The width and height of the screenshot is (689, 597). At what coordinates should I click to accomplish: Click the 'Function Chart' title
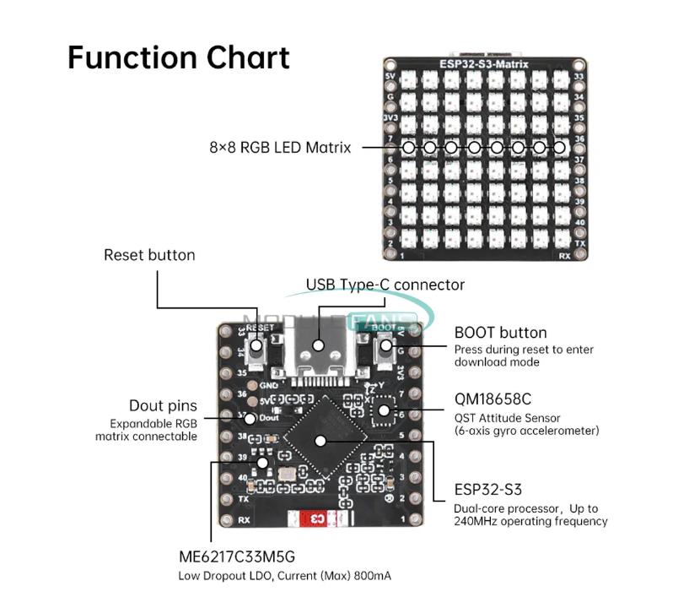tap(178, 57)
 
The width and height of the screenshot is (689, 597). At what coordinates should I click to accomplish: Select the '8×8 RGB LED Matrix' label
tap(280, 148)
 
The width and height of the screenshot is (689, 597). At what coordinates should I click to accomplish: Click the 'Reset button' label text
tap(149, 255)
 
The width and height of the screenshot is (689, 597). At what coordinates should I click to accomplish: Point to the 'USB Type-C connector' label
tap(385, 285)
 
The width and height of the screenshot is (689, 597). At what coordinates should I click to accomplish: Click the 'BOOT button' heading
tap(500, 333)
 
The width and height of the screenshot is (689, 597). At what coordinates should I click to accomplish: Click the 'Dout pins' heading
tap(163, 406)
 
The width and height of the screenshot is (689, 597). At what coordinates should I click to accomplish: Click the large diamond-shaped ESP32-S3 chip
tap(320, 439)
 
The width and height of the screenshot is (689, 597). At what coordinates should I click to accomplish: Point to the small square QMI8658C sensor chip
tap(384, 411)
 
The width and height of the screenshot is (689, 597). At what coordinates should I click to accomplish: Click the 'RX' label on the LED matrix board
tap(564, 254)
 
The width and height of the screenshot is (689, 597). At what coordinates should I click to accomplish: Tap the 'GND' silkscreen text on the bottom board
tap(269, 384)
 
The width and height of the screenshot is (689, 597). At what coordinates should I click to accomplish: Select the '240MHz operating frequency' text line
tap(530, 522)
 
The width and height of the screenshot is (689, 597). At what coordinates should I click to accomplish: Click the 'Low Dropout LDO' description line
tap(285, 577)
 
